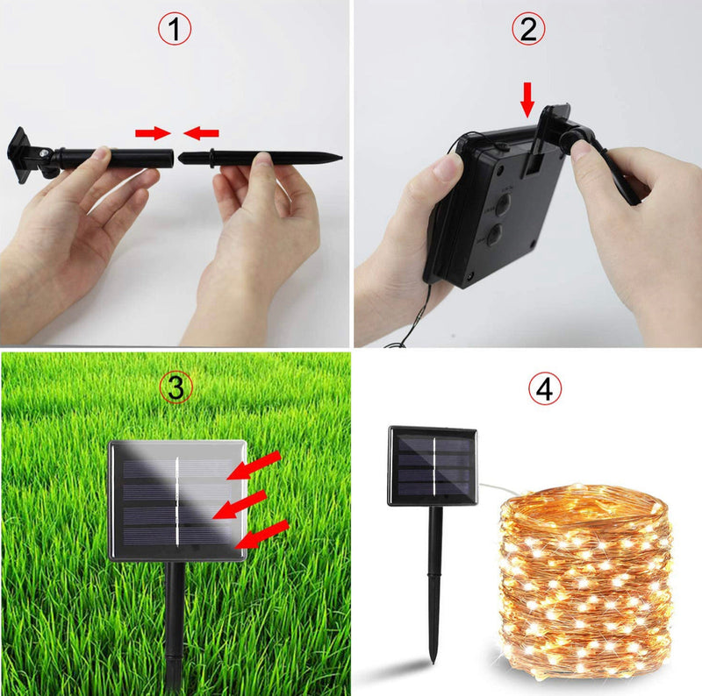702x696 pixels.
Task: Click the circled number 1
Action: (x=175, y=30)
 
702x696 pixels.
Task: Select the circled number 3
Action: (x=175, y=387)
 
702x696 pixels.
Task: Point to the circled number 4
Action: (x=546, y=389)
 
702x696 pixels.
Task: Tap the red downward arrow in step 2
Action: (x=527, y=96)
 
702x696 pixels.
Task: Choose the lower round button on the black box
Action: (x=493, y=234)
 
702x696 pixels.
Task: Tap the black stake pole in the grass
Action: (x=175, y=622)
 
